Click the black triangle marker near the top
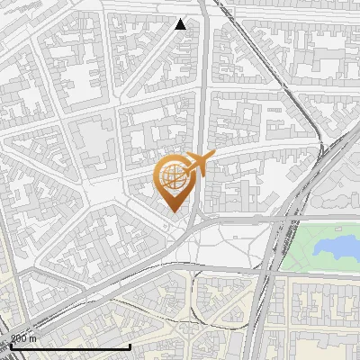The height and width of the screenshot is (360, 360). tap(181, 24)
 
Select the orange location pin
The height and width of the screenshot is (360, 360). tap(176, 183)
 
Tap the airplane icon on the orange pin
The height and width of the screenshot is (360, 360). tap(199, 165)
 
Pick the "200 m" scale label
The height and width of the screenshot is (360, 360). tap(23, 338)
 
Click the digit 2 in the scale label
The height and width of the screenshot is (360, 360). tap(13, 338)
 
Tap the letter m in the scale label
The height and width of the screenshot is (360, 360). tap(33, 338)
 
